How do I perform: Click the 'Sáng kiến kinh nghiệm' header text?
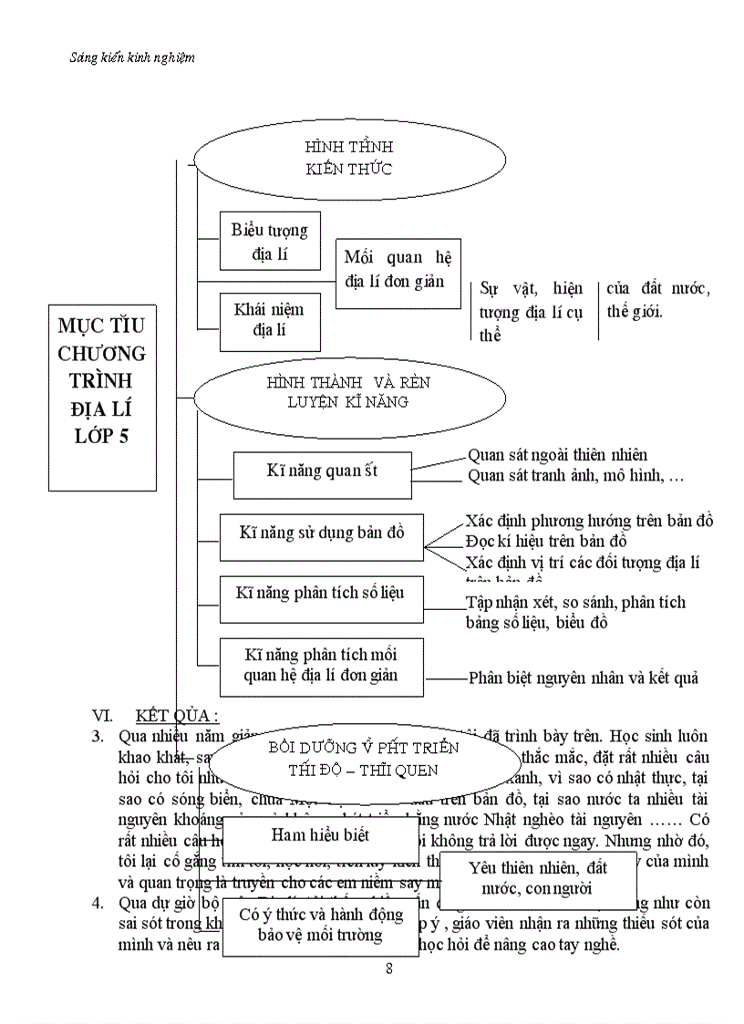click(132, 57)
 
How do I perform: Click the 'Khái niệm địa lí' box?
click(269, 320)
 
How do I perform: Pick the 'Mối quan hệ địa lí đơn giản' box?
click(398, 270)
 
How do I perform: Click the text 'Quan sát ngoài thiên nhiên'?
click(558, 455)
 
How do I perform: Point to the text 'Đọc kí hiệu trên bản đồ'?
click(546, 542)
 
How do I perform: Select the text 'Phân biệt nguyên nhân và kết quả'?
click(583, 677)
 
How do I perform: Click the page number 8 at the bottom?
click(389, 968)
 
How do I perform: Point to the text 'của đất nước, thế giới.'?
click(657, 300)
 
